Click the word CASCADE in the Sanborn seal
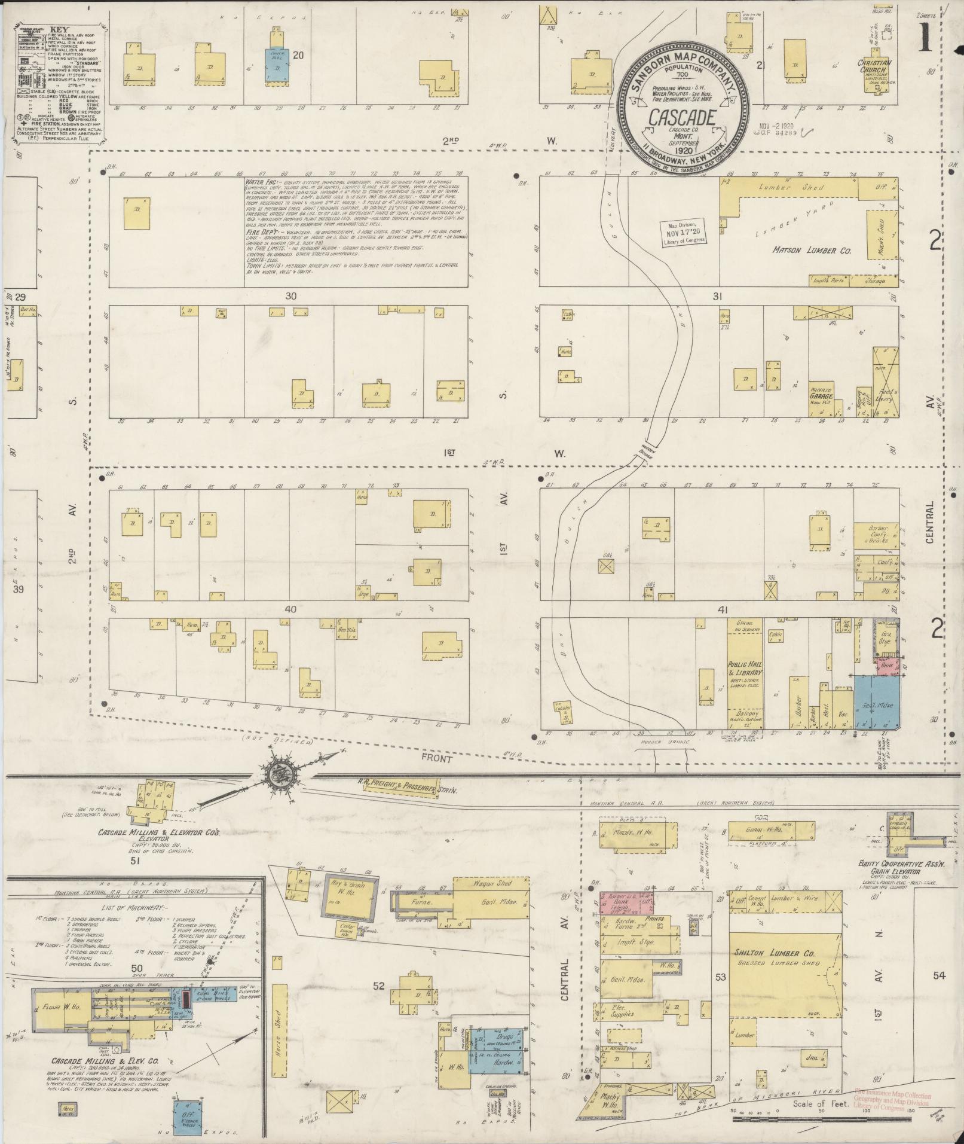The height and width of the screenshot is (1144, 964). point(681,118)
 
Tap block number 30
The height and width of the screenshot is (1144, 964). point(291,295)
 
